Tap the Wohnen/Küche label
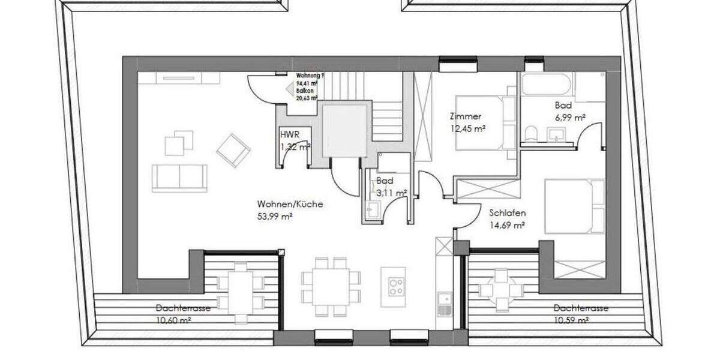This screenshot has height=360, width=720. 290,204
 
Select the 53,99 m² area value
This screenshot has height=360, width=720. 274,216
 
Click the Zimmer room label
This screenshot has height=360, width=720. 467,117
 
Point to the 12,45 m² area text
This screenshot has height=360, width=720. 467,128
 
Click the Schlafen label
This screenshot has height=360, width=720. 508,213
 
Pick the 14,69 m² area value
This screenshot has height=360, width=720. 507,225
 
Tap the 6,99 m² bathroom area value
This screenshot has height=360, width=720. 569,118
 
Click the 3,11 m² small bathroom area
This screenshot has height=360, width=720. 391,193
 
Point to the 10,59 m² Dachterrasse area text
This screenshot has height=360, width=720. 571,320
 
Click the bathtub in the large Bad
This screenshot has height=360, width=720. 544,84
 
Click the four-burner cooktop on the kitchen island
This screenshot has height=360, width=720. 396,286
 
